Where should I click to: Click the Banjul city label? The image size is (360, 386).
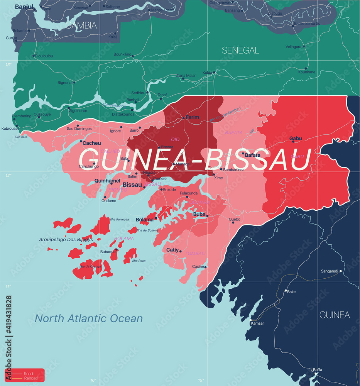pos(24,7)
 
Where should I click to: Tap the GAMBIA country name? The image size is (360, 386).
pos(81,25)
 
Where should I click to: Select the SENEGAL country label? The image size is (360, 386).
pos(240,50)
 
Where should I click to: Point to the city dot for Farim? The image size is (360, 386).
pos(184,118)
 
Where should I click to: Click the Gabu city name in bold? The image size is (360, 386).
pos(296,138)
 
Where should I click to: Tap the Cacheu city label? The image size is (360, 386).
pos(91,143)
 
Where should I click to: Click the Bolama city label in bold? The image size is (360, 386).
pos(145,220)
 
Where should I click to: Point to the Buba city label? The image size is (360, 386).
pos(199,214)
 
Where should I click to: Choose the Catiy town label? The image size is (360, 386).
pos(172,250)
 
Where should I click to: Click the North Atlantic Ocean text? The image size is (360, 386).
pos(89,318)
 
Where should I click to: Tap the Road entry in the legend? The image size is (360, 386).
pos(29,374)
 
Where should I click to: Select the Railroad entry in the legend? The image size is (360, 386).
pos(31,378)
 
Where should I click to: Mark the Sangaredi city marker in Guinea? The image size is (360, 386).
pos(341,271)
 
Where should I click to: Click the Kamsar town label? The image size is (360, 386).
pos(257,323)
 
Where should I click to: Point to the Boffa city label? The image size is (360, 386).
pos(317,370)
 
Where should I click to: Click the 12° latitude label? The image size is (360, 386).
pos(8,176)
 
